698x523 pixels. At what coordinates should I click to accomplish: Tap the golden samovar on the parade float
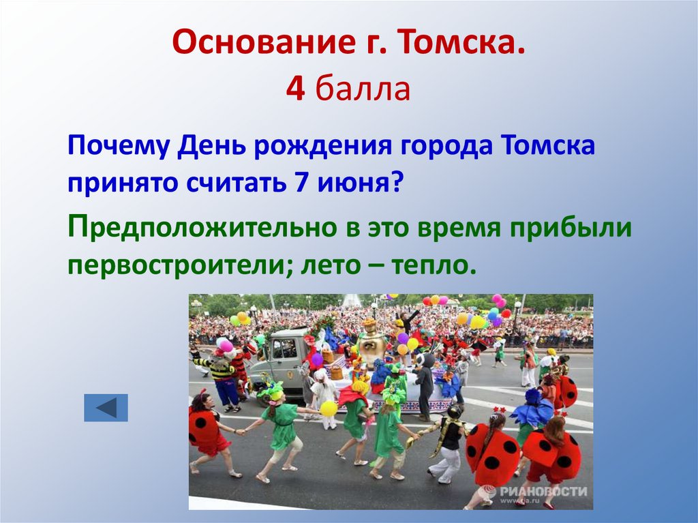371,341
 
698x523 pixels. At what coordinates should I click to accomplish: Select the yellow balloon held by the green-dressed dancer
329,408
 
